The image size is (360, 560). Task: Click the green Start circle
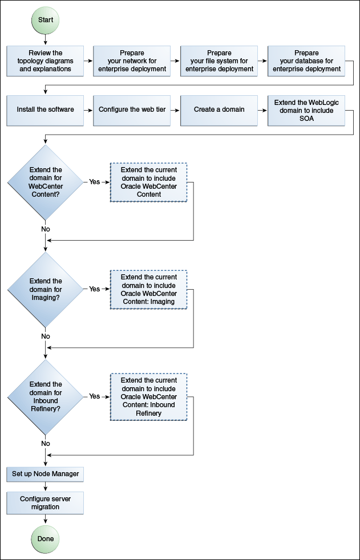coord(45,20)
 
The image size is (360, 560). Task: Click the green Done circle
coord(45,538)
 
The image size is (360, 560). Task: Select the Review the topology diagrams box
coord(45,61)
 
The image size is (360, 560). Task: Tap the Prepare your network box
coord(132,61)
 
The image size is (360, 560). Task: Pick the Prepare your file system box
coord(219,61)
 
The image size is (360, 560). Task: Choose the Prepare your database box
coord(306,61)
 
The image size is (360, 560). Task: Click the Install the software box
coord(45,109)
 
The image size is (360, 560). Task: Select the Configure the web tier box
coord(132,109)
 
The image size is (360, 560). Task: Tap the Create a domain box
coord(219,109)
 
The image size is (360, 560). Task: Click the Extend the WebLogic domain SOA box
coord(306,109)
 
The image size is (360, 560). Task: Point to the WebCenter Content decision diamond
coord(45,182)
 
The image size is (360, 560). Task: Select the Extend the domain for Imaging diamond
coord(45,289)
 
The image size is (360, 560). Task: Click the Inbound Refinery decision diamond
coord(45,396)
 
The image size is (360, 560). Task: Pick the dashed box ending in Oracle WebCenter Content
coord(148,182)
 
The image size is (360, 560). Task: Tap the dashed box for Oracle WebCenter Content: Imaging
coord(148,290)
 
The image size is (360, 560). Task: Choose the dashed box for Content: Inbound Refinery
coord(148,397)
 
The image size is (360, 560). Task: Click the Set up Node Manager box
coord(45,474)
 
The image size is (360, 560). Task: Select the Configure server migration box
coord(45,502)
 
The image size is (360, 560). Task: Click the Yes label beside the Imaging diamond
coord(94,289)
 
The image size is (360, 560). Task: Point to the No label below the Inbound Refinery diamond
coord(46,443)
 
